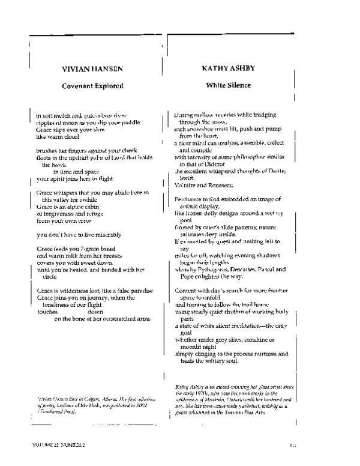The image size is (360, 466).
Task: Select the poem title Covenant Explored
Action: point(92,86)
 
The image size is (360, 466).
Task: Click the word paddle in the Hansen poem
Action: point(132,122)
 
